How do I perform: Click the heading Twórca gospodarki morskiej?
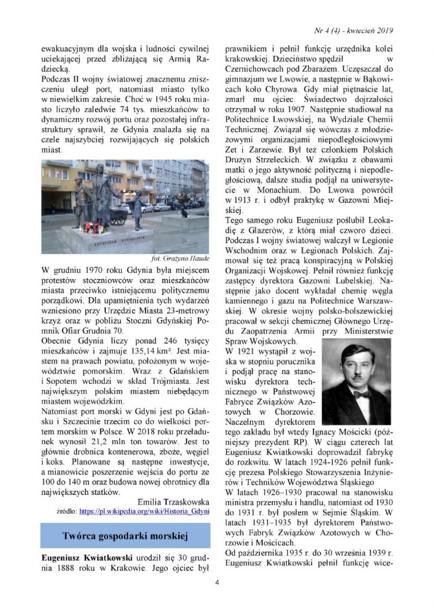125,536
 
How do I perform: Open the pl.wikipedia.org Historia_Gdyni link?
144,511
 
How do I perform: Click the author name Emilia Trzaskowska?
173,501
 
